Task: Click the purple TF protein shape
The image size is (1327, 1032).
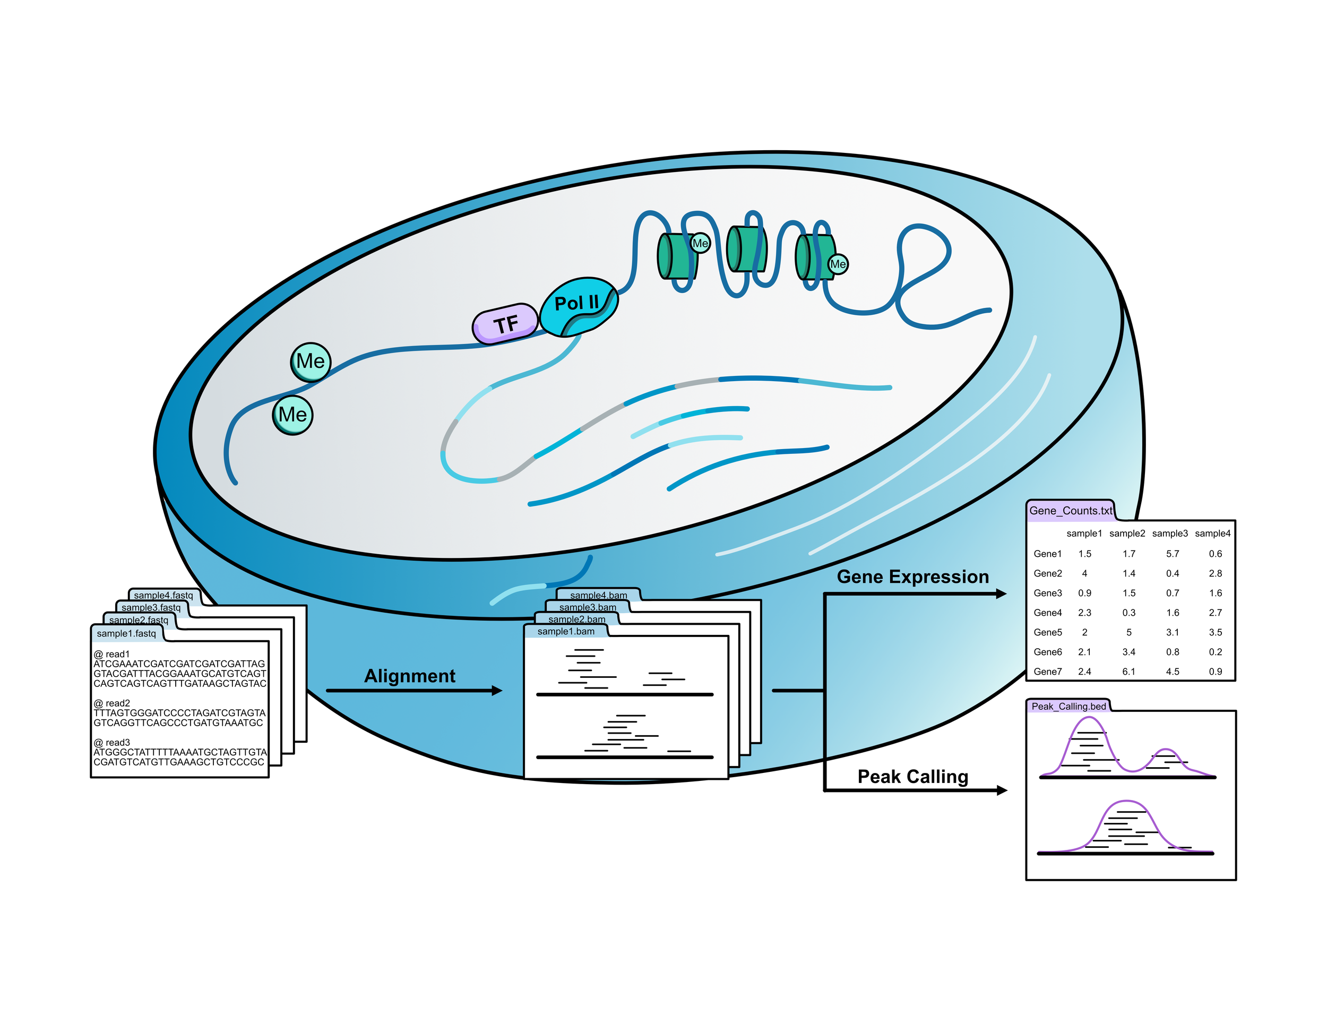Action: (x=505, y=323)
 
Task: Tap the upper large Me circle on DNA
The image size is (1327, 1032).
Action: (x=311, y=362)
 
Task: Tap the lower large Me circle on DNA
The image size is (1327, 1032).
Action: (x=292, y=415)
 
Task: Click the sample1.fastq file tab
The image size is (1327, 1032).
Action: (x=126, y=633)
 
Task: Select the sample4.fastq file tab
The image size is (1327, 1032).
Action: (x=163, y=595)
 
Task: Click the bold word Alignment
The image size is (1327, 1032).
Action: (x=410, y=676)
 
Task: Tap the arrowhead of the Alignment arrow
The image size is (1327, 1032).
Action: (x=496, y=691)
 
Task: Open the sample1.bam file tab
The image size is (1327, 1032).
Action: (x=566, y=632)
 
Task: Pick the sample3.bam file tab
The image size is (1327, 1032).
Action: (x=587, y=607)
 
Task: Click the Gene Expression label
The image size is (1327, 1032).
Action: (x=912, y=577)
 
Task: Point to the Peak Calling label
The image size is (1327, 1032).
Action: (x=912, y=777)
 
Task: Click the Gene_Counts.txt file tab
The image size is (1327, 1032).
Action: (x=1070, y=511)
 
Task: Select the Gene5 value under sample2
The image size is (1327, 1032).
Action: (x=1128, y=632)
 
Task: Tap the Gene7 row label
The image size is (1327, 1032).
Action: (x=1047, y=672)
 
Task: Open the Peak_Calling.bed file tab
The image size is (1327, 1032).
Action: (x=1068, y=706)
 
